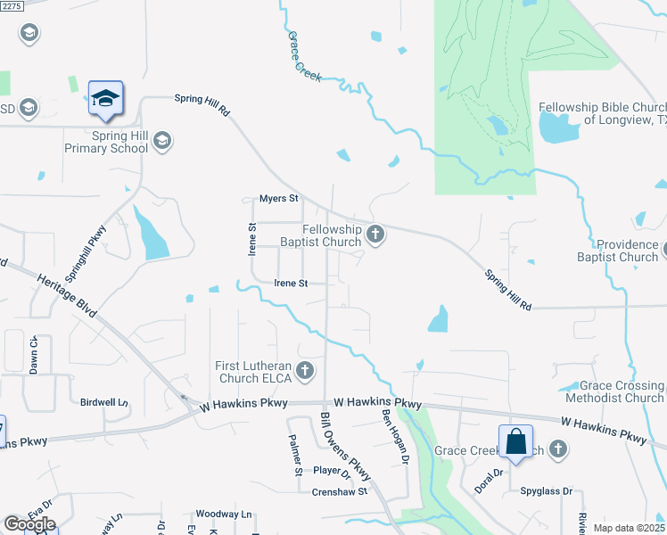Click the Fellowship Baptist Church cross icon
375,235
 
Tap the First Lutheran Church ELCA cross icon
305,370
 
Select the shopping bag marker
516,441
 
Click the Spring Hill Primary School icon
162,140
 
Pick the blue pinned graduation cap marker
105,99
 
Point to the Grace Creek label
304,58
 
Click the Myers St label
277,198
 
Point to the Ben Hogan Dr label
394,437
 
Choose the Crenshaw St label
340,491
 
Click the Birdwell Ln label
105,402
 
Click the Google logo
29,523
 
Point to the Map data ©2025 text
629,528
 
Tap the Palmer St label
294,449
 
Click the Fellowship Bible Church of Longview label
602,113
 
